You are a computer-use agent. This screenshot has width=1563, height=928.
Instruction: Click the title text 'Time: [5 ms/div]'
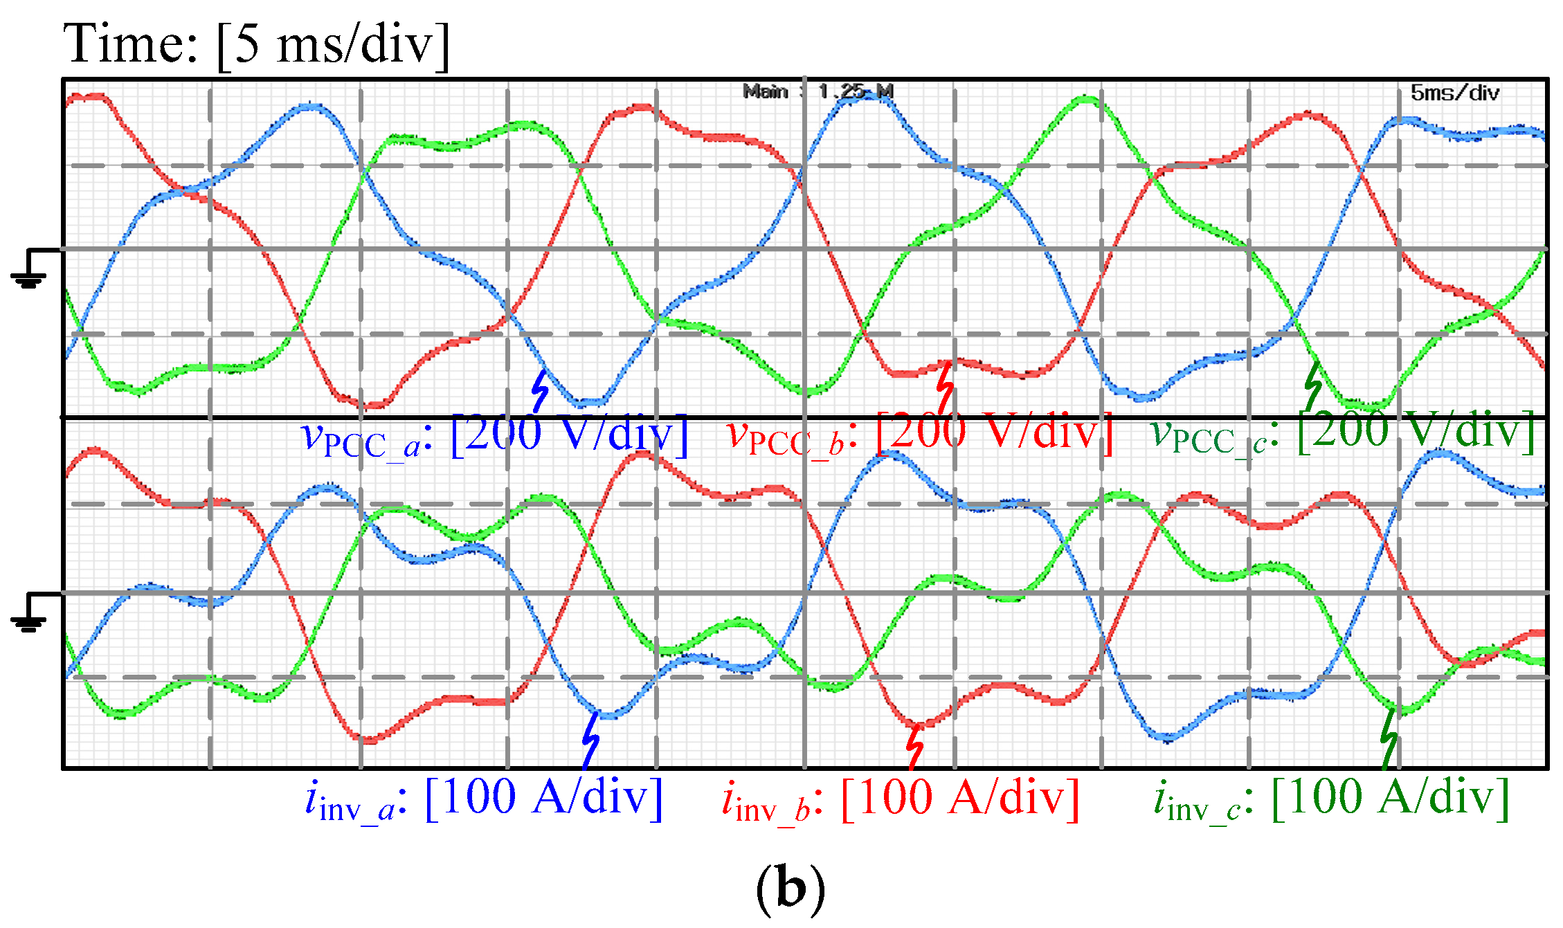click(x=256, y=43)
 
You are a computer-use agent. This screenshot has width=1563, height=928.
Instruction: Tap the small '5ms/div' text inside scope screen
click(x=1454, y=93)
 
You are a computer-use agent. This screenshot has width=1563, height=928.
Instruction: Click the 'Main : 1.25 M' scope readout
click(x=817, y=91)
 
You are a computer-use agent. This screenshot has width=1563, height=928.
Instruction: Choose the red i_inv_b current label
click(x=900, y=799)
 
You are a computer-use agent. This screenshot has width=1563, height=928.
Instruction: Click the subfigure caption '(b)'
click(x=790, y=889)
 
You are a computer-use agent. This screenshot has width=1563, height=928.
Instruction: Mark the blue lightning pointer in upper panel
click(x=539, y=391)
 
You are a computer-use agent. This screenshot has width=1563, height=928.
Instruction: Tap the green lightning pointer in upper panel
click(x=1312, y=385)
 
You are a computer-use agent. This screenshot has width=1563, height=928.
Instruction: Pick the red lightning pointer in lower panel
click(x=915, y=746)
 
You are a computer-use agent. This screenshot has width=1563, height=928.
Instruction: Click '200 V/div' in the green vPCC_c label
click(x=1416, y=430)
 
